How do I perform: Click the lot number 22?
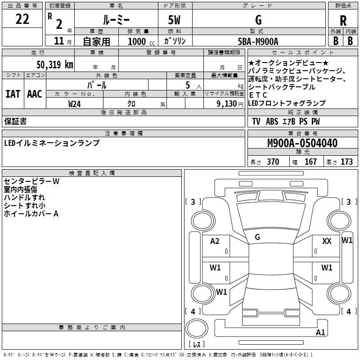coord(22,20)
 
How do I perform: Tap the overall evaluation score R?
coord(343,20)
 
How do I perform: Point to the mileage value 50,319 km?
coord(54,64)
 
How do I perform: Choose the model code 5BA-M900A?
coord(258,41)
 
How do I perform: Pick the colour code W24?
coord(75,103)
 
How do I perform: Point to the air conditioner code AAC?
coord(34,94)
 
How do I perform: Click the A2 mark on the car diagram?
coord(215,241)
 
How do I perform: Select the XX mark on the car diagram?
coord(327,241)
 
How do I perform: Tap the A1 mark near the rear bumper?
coord(320,333)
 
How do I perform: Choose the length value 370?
coord(273,162)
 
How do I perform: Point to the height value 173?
coord(346,162)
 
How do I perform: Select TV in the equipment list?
coord(256,121)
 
